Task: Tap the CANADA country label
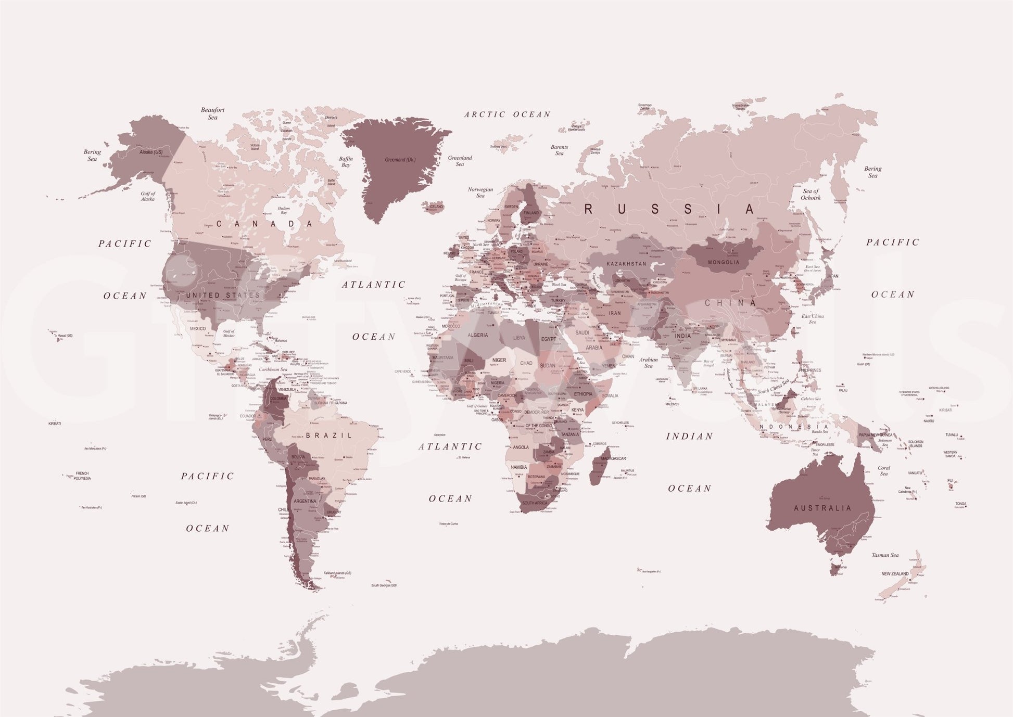point(264,224)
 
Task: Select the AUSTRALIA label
point(822,508)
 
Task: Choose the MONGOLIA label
point(724,262)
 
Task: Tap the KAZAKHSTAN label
point(626,264)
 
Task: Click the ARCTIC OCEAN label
point(507,114)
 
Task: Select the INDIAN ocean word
point(689,436)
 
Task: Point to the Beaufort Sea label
point(213,113)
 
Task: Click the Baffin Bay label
point(346,162)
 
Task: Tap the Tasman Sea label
point(885,555)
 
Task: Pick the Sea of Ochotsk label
point(811,195)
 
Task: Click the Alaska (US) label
point(151,152)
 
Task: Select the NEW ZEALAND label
point(895,573)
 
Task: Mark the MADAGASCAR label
point(613,458)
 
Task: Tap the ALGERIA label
point(478,335)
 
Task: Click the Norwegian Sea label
point(480,193)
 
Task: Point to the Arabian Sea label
point(649,363)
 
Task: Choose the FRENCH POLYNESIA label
point(82,476)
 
